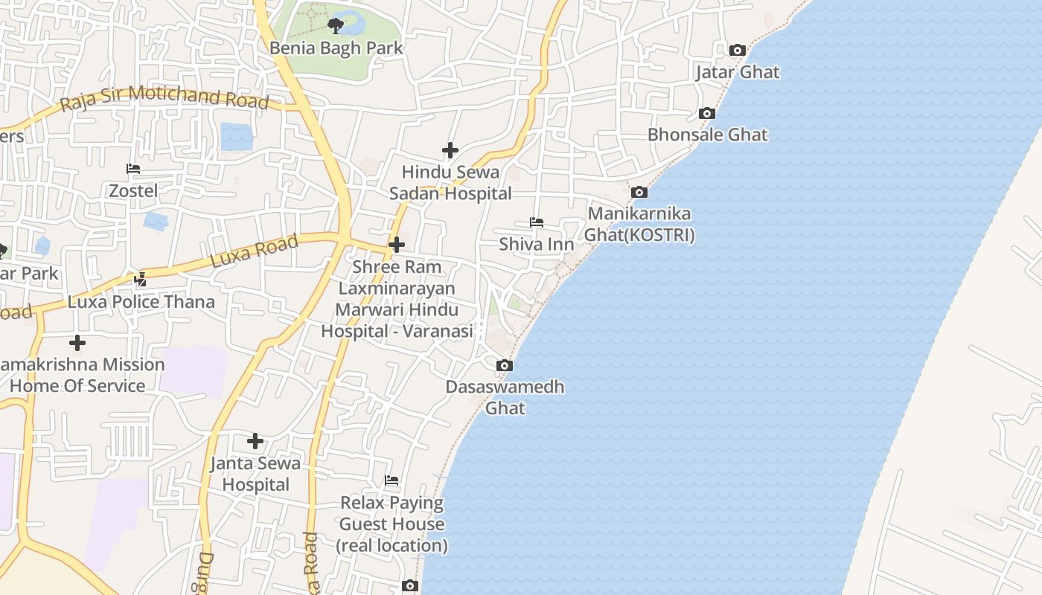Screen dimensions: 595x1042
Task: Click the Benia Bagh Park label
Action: tap(336, 48)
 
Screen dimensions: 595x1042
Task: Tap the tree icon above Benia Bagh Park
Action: tap(336, 26)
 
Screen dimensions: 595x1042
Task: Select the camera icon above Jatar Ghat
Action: tap(738, 51)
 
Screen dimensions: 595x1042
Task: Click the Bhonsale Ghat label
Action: tap(707, 135)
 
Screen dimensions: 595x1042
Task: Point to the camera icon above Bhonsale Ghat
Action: tap(707, 114)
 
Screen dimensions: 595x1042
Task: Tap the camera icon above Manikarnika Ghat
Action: tap(639, 193)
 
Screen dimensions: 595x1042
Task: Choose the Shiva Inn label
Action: tap(536, 244)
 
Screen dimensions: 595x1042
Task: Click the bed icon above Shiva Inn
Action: tap(536, 222)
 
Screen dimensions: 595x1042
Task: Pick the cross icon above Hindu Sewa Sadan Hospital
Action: tap(450, 150)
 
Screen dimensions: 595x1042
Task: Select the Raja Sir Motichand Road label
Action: tap(164, 97)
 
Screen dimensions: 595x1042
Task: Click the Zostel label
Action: tap(133, 191)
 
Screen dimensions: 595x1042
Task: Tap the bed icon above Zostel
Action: tap(133, 169)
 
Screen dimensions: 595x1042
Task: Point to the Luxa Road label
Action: tap(255, 251)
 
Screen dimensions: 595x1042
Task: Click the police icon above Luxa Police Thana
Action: tap(141, 280)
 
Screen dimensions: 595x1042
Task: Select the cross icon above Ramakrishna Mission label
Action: tap(77, 343)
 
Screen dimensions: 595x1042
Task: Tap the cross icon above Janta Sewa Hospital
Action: tap(255, 441)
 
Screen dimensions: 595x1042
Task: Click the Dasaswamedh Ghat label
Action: tap(505, 397)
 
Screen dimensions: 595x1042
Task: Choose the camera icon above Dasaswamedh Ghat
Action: tap(505, 365)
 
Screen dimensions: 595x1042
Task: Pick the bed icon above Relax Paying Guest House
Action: tap(391, 480)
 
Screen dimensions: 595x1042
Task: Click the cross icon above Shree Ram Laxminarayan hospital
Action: tap(397, 244)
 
